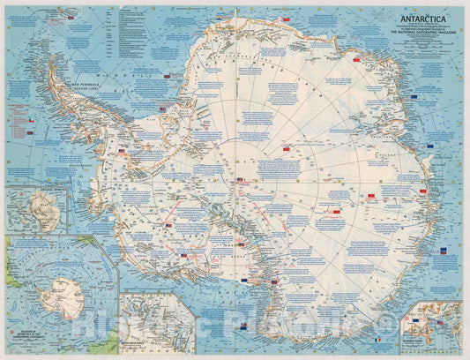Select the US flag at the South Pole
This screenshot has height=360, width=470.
241,180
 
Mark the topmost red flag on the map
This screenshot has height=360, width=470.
356,62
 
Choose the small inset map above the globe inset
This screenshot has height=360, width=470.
36,209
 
